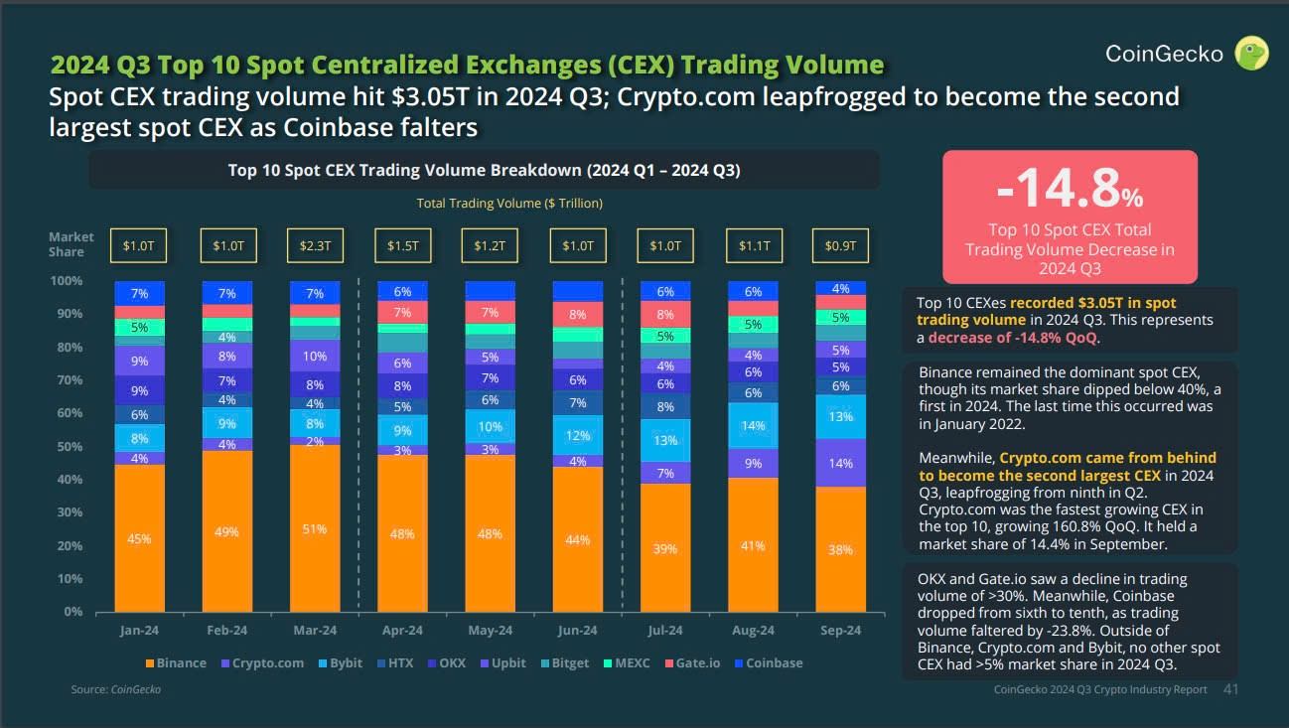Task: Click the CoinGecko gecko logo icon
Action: click(1251, 53)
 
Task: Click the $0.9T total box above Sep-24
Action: click(840, 245)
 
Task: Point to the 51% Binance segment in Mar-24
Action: click(314, 528)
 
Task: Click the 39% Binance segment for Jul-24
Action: click(664, 548)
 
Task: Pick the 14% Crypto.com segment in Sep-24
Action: click(840, 463)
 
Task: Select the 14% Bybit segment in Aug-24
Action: click(753, 425)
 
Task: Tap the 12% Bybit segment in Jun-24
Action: click(577, 435)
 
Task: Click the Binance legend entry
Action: click(176, 662)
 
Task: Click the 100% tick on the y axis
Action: click(66, 281)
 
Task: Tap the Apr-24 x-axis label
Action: click(402, 630)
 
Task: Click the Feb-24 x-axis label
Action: click(226, 630)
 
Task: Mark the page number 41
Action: click(1230, 688)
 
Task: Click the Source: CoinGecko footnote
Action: click(115, 688)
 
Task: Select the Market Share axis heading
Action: click(72, 244)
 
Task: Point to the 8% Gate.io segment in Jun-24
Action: click(577, 315)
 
